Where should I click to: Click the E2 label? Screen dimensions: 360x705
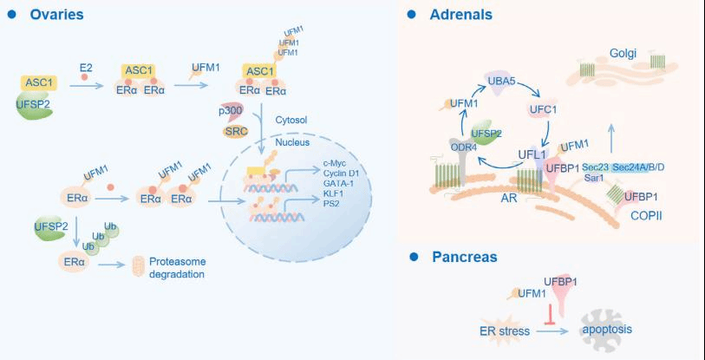click(x=86, y=66)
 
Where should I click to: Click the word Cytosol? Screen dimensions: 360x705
click(x=292, y=120)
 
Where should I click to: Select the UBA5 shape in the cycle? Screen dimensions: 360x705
click(x=501, y=81)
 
